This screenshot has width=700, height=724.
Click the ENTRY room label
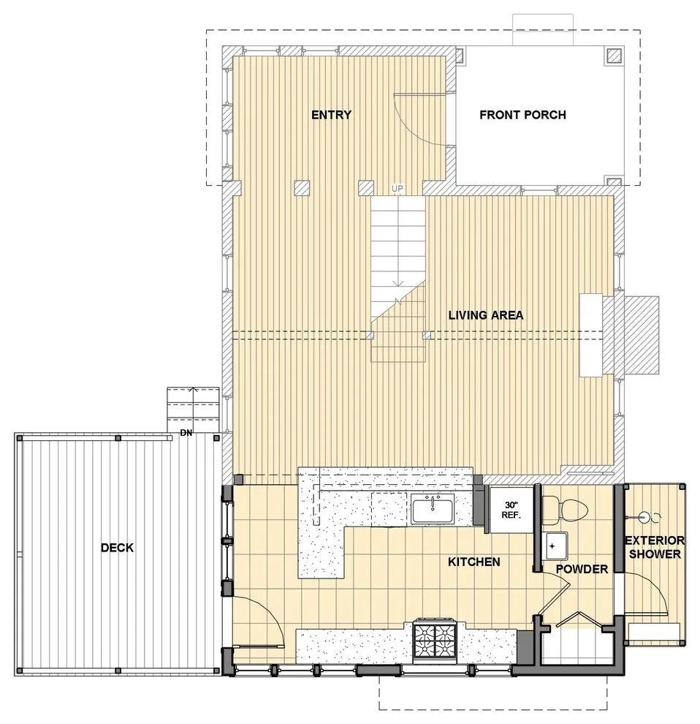pyautogui.click(x=331, y=115)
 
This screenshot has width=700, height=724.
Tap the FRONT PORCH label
pyautogui.click(x=523, y=115)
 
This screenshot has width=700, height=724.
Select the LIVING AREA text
pyautogui.click(x=486, y=315)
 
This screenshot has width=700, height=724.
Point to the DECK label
pyautogui.click(x=117, y=548)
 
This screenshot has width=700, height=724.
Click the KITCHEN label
pyautogui.click(x=474, y=562)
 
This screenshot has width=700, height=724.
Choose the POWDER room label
pyautogui.click(x=582, y=569)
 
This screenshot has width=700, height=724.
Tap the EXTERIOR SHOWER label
pyautogui.click(x=655, y=547)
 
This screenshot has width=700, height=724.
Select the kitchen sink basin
pyautogui.click(x=433, y=509)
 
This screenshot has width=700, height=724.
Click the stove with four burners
pyautogui.click(x=435, y=638)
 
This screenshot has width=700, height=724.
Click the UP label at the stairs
pyautogui.click(x=397, y=189)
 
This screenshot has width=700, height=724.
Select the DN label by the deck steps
pyautogui.click(x=186, y=433)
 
